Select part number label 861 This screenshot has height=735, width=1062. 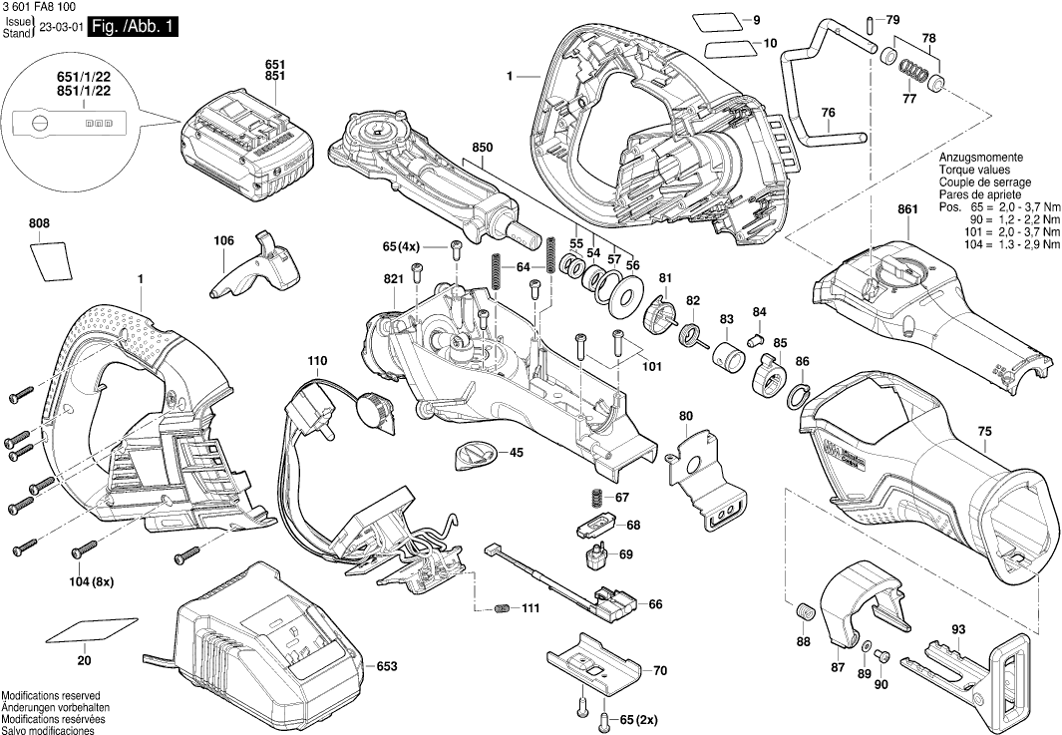pos(905,209)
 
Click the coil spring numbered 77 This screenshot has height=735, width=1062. pos(910,72)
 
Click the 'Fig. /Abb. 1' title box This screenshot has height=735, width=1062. pos(134,27)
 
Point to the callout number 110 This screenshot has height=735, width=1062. pos(317,360)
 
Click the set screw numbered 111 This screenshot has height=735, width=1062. pos(503,608)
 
